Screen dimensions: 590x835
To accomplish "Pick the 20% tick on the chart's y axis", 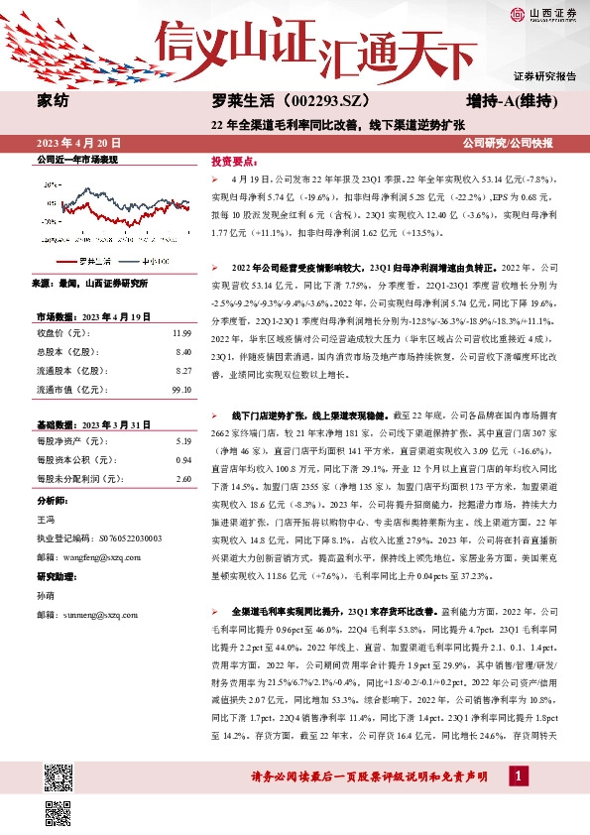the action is coord(50,184).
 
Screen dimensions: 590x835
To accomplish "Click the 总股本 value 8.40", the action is coord(182,352).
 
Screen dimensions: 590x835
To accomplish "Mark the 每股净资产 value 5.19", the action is coord(182,440).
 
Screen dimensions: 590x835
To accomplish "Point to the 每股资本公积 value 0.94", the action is coord(182,459).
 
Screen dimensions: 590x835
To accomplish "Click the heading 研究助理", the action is coord(56,576).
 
